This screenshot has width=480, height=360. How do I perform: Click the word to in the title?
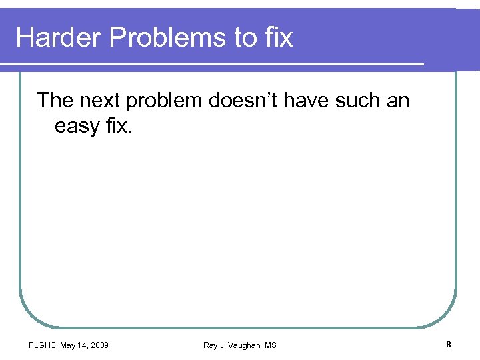point(244,37)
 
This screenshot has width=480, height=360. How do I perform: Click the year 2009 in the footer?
point(99,345)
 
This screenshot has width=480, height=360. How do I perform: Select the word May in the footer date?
point(68,345)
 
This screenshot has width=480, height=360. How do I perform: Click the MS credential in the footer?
point(270,345)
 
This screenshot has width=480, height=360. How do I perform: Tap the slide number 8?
point(449,344)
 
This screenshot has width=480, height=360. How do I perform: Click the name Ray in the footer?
point(211,345)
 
